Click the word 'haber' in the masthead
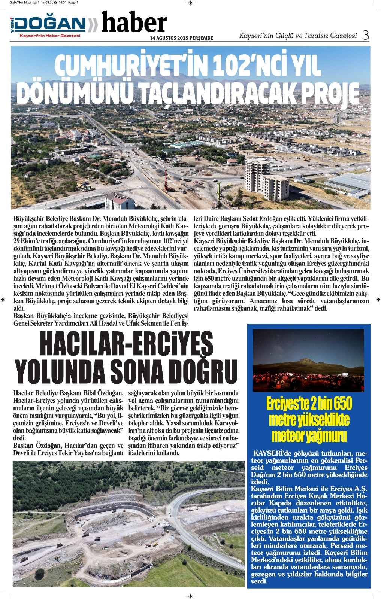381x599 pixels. click(x=134, y=23)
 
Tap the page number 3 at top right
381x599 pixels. click(x=365, y=35)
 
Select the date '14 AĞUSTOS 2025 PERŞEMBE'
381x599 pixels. click(x=181, y=38)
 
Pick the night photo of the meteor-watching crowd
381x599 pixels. click(x=308, y=360)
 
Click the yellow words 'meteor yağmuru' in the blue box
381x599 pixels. click(x=309, y=436)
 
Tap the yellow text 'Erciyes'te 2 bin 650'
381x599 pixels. click(x=309, y=404)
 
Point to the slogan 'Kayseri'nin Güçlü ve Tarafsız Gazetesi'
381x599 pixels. click(x=298, y=36)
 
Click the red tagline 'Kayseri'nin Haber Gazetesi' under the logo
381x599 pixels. click(x=50, y=36)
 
